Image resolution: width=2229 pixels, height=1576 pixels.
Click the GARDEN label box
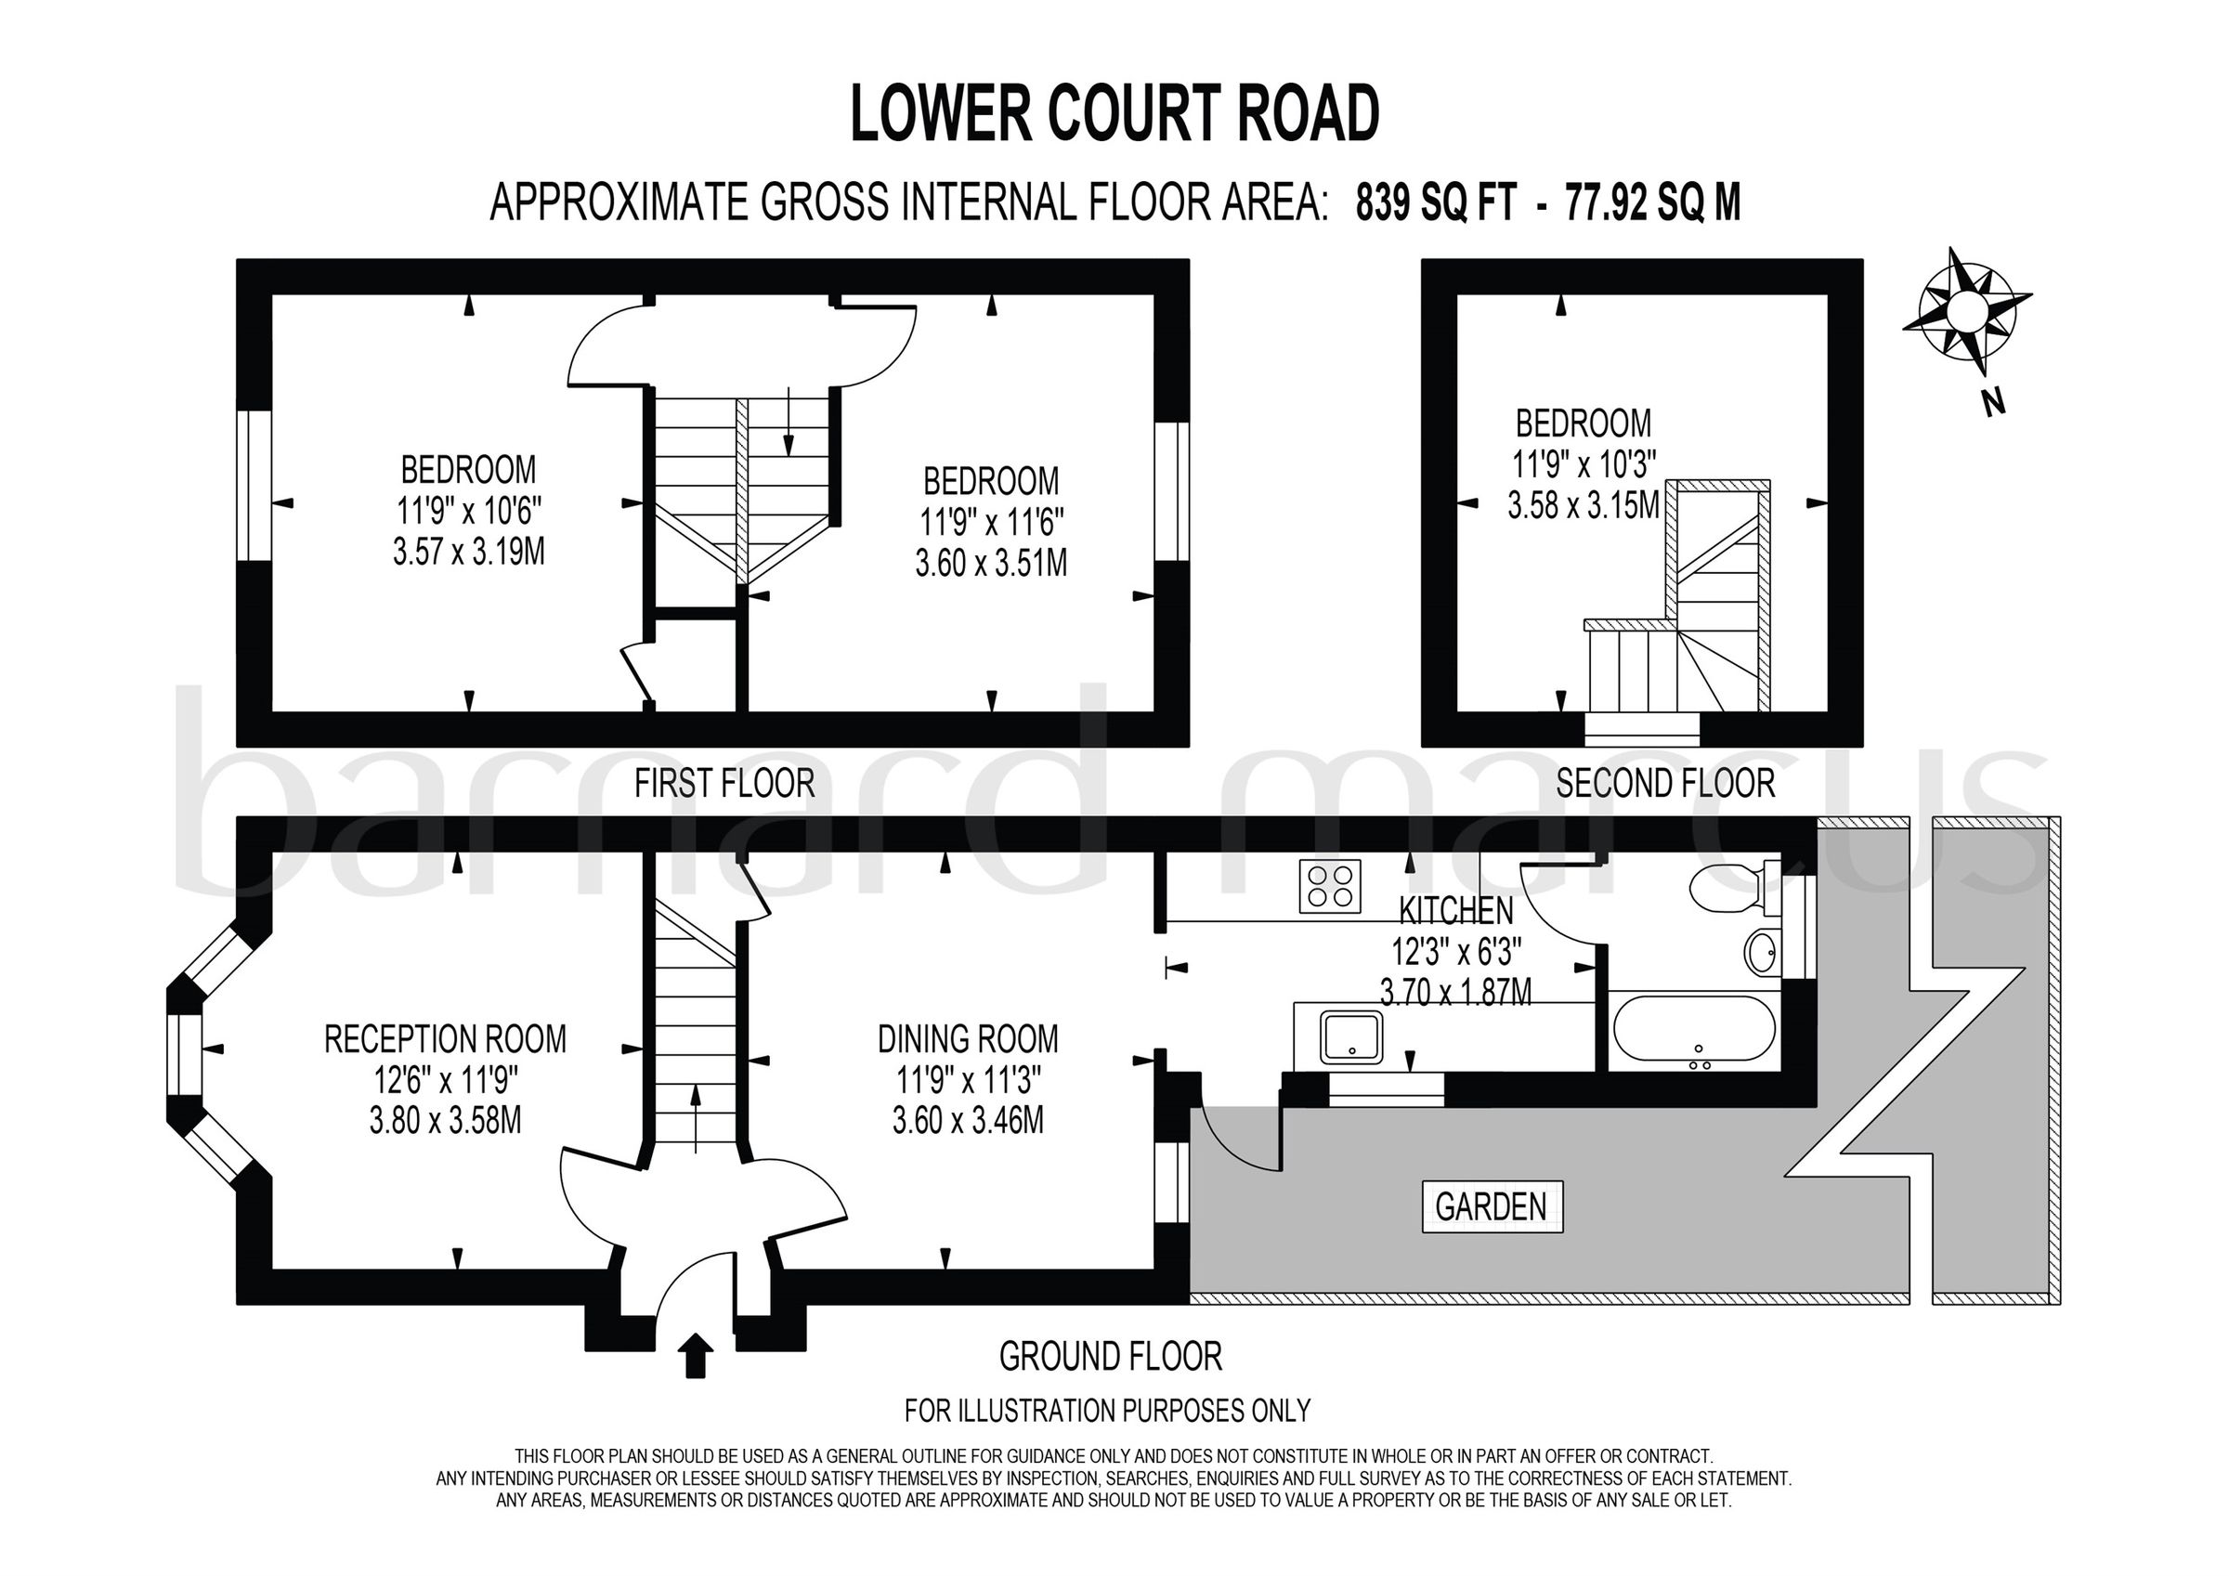pos(1492,1206)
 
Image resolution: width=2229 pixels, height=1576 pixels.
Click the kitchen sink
pos(1351,1036)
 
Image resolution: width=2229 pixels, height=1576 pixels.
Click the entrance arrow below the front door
pos(693,1355)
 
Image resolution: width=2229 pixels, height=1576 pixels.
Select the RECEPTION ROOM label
pos(445,1039)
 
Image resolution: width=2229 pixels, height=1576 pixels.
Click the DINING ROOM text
pos(968,1039)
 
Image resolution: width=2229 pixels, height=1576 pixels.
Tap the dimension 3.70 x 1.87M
pos(1455,992)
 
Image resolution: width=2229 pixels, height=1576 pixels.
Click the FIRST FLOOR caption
pos(724,783)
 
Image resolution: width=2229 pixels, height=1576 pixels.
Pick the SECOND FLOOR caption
pos(1665,783)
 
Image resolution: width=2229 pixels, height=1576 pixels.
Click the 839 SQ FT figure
pos(1436,203)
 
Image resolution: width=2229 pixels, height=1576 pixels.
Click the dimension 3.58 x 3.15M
pos(1583,505)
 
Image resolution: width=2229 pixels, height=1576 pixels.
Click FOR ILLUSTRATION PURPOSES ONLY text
pos(1107,1409)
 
